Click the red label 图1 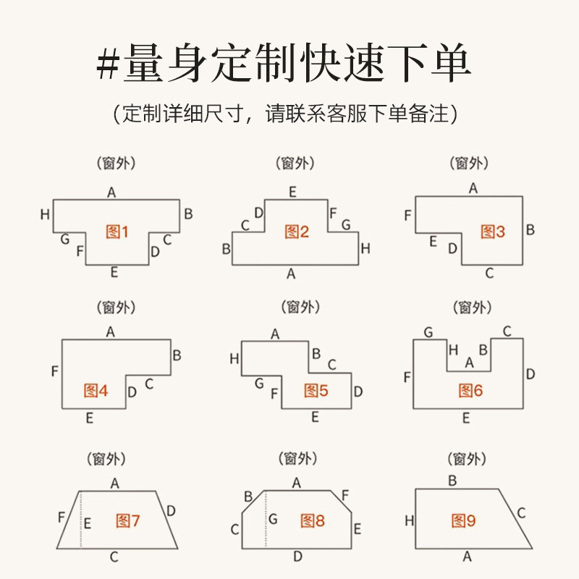point(117,232)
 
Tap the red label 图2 point(297,232)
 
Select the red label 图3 point(493,232)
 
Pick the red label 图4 point(96,391)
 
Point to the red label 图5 point(316,391)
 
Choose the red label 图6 point(470,391)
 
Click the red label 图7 point(127,520)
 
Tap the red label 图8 point(313,520)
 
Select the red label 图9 point(463,520)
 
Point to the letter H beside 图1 point(45,214)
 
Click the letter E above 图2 point(292,192)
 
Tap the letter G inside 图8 point(273,519)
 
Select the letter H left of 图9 point(409,520)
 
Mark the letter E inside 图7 point(88,523)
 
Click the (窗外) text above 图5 point(298,307)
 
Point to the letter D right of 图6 point(531,374)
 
